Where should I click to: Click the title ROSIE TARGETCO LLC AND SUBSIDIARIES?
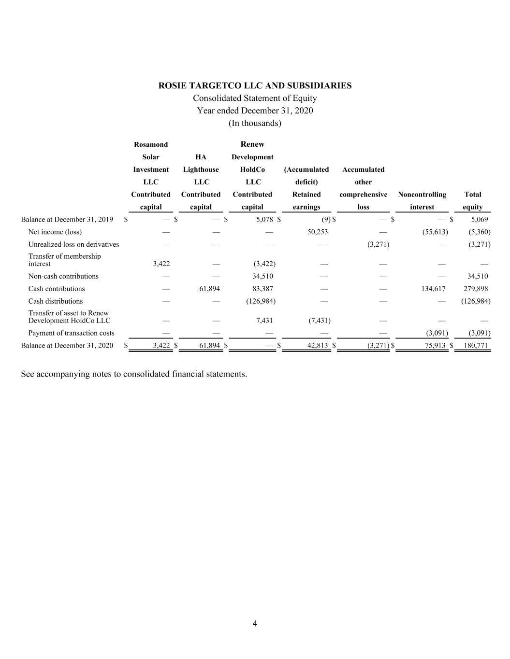[255, 86]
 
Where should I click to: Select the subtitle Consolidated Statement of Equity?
[255, 98]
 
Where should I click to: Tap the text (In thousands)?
[255, 123]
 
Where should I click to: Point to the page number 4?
[255, 624]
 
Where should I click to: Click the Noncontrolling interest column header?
[422, 201]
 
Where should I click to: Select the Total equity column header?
[473, 201]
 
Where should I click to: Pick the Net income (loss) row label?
[55, 232]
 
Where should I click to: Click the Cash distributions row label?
[56, 301]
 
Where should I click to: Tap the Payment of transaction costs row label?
[72, 333]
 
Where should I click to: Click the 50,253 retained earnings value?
[318, 232]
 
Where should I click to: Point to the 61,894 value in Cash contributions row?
[209, 289]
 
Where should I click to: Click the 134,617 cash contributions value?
[433, 289]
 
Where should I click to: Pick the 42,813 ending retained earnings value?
[317, 346]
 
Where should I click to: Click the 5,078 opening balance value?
[265, 220]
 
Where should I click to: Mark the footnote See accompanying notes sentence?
[134, 374]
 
